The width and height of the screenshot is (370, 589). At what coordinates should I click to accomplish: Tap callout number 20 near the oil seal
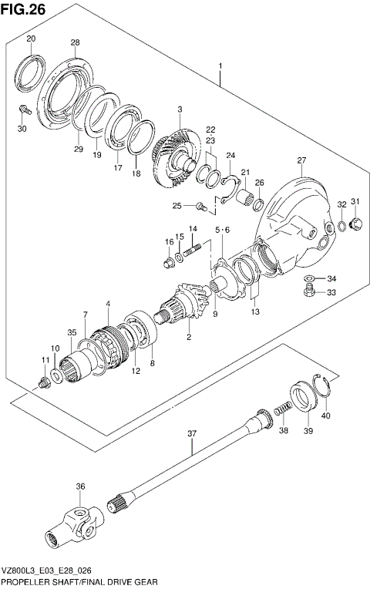click(31, 39)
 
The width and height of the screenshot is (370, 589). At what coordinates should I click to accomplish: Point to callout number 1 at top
click(220, 67)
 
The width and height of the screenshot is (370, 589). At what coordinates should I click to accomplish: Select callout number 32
click(341, 204)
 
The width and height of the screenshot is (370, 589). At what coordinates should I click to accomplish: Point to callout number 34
click(331, 278)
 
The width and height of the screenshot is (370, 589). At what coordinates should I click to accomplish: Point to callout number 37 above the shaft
click(193, 434)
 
